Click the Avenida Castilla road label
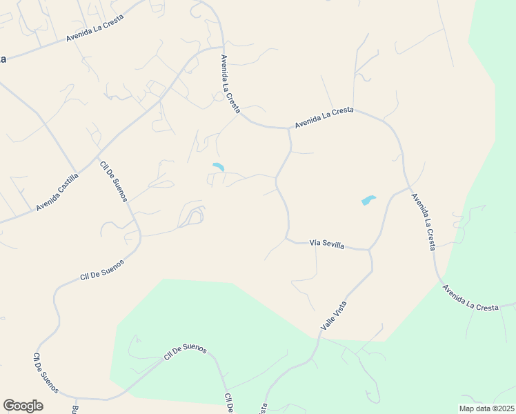[x=58, y=192]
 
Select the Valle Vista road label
[x=333, y=315]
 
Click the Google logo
[x=23, y=406]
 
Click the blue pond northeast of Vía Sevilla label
[x=368, y=201]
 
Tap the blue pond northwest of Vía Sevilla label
[x=219, y=167]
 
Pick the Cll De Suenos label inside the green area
[x=185, y=353]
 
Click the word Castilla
[x=68, y=185]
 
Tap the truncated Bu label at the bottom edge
[x=74, y=409]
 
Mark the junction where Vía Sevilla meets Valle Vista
[x=369, y=250]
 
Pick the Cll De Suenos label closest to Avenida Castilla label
[x=114, y=181]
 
